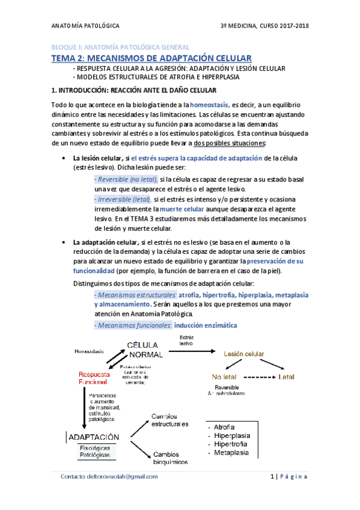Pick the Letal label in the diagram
tap(286, 377)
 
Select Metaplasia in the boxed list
tap(231, 452)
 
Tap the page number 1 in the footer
tap(272, 476)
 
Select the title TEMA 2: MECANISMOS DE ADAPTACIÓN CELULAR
tap(151, 58)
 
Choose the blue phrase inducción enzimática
tap(206, 325)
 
